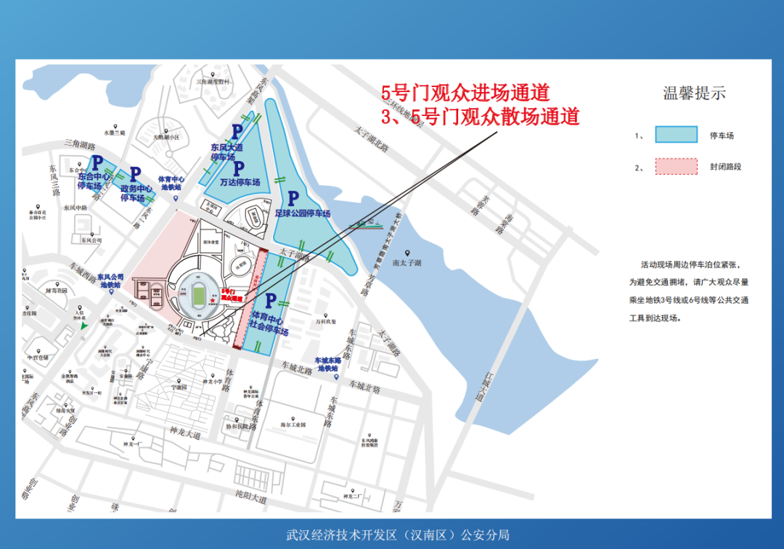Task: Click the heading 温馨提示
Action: (x=694, y=93)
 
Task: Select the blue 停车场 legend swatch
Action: (x=676, y=135)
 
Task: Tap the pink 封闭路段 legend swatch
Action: (x=676, y=167)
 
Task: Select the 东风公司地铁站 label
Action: (x=115, y=281)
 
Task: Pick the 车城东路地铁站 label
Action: (x=327, y=364)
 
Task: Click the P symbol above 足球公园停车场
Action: (x=293, y=199)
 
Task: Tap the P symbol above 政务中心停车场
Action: (x=135, y=174)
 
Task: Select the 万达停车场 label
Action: (x=240, y=182)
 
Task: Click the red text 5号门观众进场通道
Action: (x=465, y=93)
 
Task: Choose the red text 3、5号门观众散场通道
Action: (x=481, y=116)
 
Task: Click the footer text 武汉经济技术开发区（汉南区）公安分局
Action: (x=398, y=535)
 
